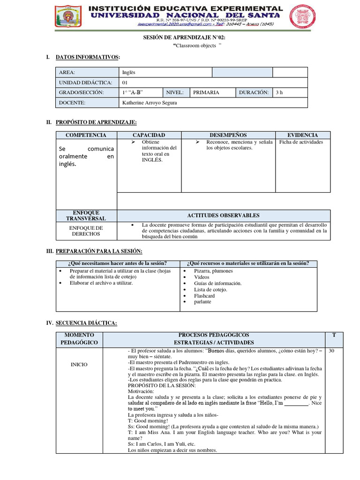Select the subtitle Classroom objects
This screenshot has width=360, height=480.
point(196,45)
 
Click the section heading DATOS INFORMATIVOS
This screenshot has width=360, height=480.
point(88,57)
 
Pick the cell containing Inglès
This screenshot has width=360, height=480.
point(129,72)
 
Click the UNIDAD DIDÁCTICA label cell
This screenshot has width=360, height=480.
point(85,82)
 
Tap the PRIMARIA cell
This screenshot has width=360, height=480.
point(206,92)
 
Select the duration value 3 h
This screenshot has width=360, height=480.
point(280,92)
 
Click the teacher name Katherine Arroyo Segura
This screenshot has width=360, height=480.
point(149,103)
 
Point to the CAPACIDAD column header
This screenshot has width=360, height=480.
point(149,135)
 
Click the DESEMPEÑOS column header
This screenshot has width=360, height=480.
point(228,135)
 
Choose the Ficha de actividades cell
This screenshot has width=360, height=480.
point(300,142)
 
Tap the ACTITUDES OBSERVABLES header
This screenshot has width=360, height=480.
point(223,215)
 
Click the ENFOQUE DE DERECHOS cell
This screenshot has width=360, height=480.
point(86,231)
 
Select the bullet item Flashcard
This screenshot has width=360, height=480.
point(204,296)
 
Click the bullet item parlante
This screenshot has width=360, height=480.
point(202,302)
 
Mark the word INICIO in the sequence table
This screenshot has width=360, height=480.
point(79,364)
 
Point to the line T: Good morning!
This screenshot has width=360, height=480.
point(148,420)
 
